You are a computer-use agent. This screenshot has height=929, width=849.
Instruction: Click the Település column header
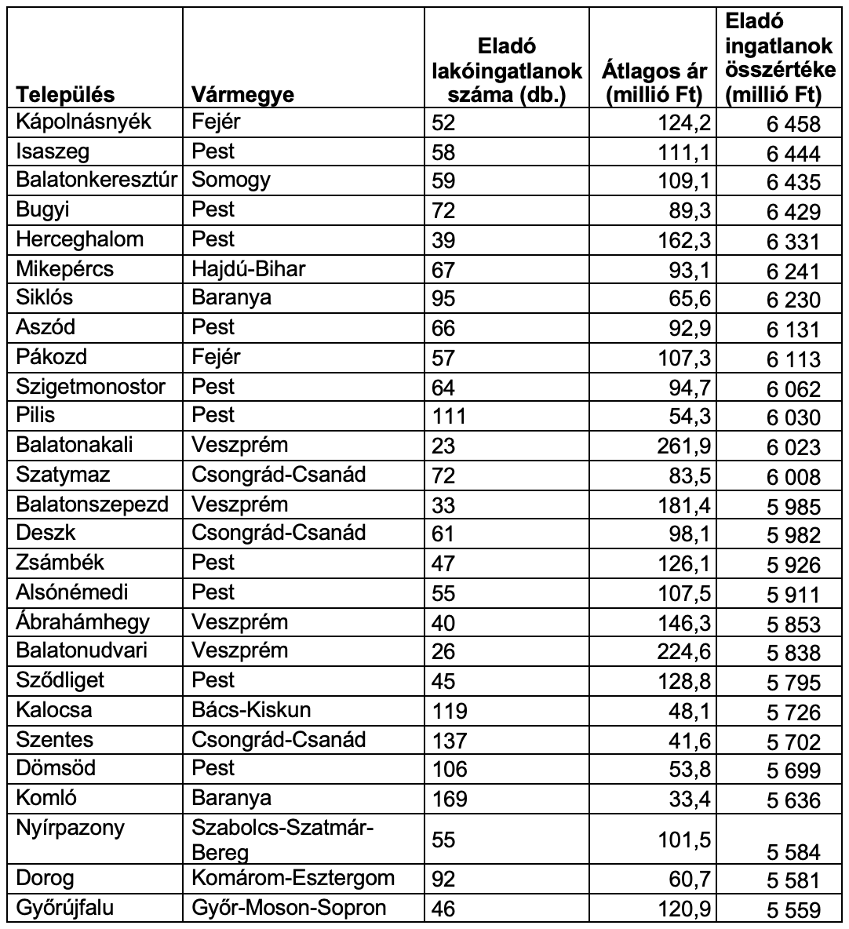point(66,95)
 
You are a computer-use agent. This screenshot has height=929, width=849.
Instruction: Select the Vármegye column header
point(243,95)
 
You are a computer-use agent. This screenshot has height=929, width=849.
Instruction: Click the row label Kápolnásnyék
point(83,122)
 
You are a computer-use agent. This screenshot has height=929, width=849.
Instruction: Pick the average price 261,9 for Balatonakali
point(684,446)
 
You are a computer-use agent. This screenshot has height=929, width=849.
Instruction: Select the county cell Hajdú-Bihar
point(249,269)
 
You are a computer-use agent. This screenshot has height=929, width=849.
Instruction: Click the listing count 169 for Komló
point(450,799)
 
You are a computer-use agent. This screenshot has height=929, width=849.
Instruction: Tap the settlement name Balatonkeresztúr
point(99,180)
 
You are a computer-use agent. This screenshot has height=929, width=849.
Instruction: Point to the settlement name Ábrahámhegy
point(82,622)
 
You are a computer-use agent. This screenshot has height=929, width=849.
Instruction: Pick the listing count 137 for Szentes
point(450,740)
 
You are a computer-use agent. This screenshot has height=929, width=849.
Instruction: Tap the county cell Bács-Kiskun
point(251,710)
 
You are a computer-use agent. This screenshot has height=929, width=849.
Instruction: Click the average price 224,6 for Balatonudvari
point(684,651)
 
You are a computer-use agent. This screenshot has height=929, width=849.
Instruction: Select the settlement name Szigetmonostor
point(91,387)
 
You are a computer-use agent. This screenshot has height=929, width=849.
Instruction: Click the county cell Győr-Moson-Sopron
point(289,908)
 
